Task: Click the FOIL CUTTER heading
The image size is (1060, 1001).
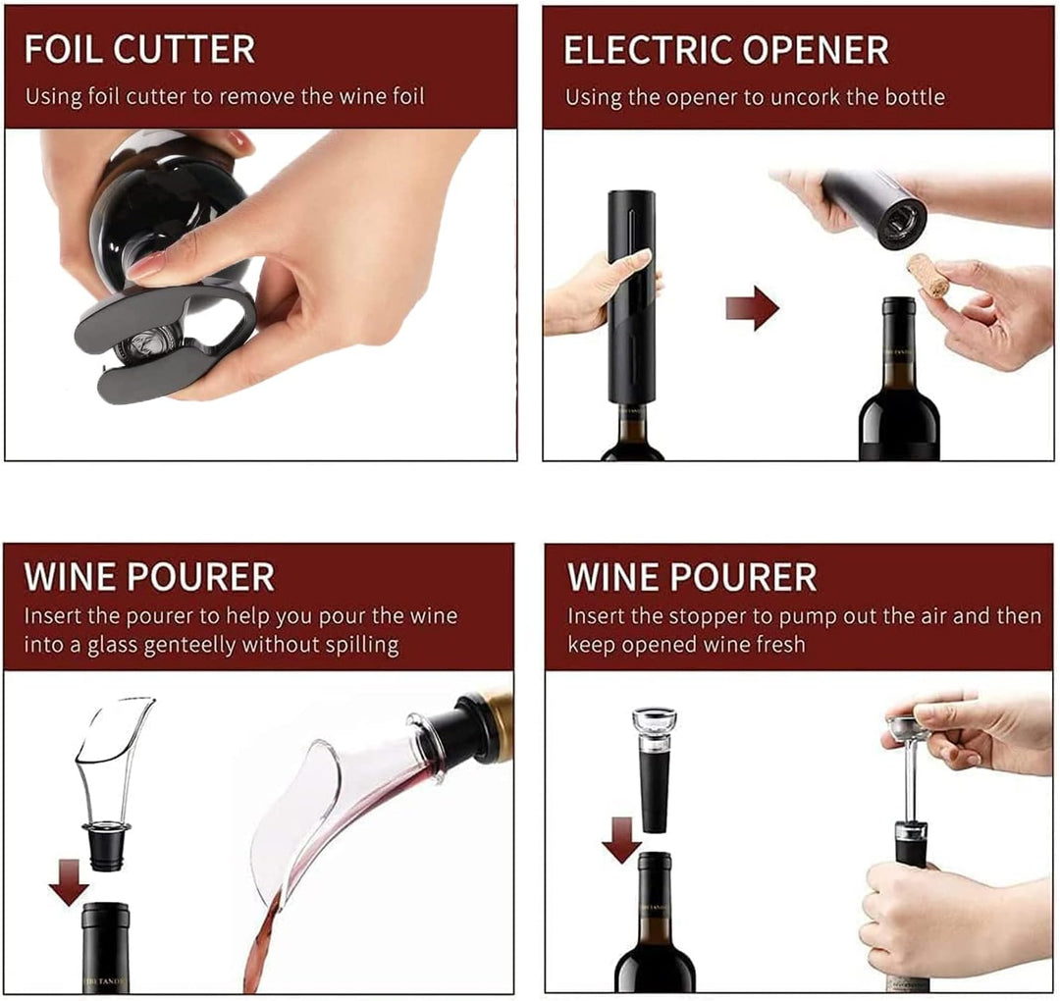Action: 139,49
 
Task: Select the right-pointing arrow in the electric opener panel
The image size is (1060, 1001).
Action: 752,309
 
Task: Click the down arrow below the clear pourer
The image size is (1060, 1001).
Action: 69,881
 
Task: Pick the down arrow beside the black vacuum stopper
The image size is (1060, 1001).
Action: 621,839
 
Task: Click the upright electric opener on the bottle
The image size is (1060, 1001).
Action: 631,294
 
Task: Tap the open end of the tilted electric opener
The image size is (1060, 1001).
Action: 901,221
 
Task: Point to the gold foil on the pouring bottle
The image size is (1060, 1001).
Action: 499,726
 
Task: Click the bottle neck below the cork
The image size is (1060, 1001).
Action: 898,343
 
